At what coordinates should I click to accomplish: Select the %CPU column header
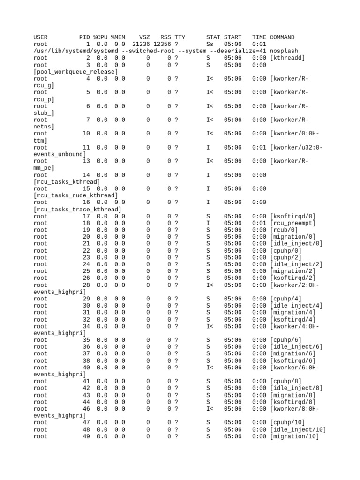click(100, 37)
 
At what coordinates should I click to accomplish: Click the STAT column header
click(213, 37)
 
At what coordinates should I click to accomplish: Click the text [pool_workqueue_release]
click(76, 72)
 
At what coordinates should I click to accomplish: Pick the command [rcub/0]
click(284, 230)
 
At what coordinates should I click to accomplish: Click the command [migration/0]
click(292, 237)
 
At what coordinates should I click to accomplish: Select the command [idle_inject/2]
click(296, 264)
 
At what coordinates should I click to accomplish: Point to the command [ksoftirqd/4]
click(292, 319)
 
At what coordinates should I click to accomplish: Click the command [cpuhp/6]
click(285, 340)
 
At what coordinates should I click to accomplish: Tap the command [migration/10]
click(294, 436)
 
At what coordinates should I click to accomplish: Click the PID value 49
click(86, 436)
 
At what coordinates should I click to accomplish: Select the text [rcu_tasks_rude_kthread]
click(76, 195)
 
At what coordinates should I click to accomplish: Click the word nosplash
click(284, 51)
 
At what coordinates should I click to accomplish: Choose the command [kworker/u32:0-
click(296, 147)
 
